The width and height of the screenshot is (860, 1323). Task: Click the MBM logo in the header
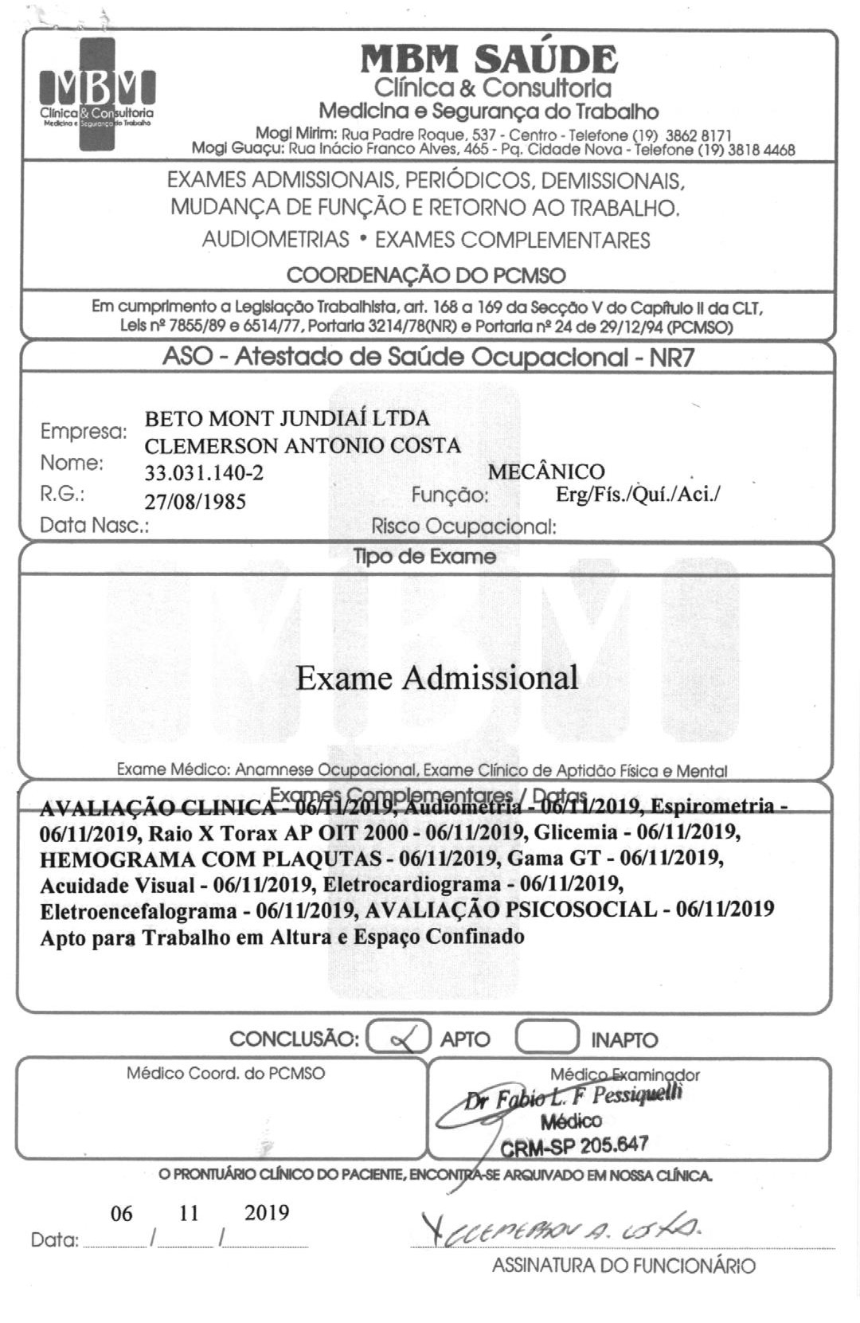(x=97, y=94)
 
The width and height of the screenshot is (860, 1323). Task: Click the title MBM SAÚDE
(x=489, y=59)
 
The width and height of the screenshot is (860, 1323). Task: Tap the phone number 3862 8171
(x=698, y=136)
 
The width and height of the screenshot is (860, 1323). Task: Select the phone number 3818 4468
(x=763, y=150)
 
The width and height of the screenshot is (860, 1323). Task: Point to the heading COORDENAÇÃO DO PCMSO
(x=426, y=276)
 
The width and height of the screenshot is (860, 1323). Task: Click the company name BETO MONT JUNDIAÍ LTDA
(x=287, y=418)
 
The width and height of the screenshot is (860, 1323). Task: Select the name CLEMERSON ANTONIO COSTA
(x=303, y=445)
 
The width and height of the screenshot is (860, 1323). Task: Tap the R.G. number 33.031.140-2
(x=204, y=473)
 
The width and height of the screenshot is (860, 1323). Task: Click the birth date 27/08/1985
(x=195, y=502)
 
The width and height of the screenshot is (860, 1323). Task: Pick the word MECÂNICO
(x=546, y=472)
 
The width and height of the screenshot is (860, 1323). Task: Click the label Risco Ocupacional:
(x=463, y=526)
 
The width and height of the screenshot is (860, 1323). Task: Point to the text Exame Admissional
(x=437, y=678)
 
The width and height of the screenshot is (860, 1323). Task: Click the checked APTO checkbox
(x=399, y=1038)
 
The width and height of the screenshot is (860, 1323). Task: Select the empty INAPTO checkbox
(x=547, y=1038)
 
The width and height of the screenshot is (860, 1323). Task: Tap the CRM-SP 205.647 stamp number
(x=574, y=1146)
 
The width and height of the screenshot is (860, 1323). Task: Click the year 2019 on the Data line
(x=267, y=1212)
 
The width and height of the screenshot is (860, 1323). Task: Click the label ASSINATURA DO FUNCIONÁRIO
(x=623, y=1266)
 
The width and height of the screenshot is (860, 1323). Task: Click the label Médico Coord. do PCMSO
(x=225, y=1074)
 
